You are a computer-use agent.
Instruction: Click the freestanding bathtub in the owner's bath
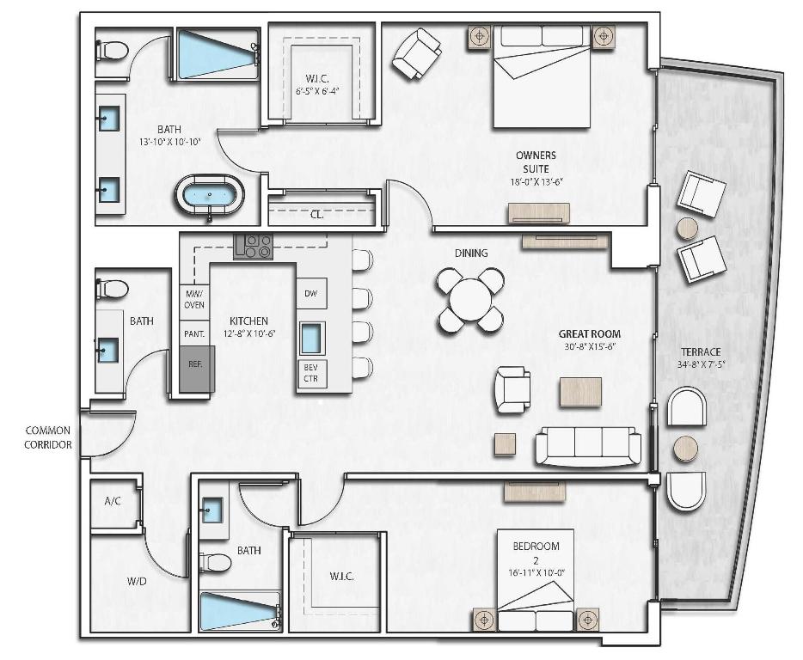210,195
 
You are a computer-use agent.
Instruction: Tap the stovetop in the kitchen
253,247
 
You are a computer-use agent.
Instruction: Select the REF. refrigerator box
196,364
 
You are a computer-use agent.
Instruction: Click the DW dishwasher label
310,294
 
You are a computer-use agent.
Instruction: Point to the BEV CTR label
310,372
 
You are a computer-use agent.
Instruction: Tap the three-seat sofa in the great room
588,445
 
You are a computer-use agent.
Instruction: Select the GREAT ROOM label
589,334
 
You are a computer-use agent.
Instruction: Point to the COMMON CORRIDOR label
47,437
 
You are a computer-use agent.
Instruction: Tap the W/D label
137,581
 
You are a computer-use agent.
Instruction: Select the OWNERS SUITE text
536,162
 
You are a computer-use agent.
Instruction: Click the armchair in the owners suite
416,53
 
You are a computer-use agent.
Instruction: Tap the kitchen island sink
311,338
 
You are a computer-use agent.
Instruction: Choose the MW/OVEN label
194,299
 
